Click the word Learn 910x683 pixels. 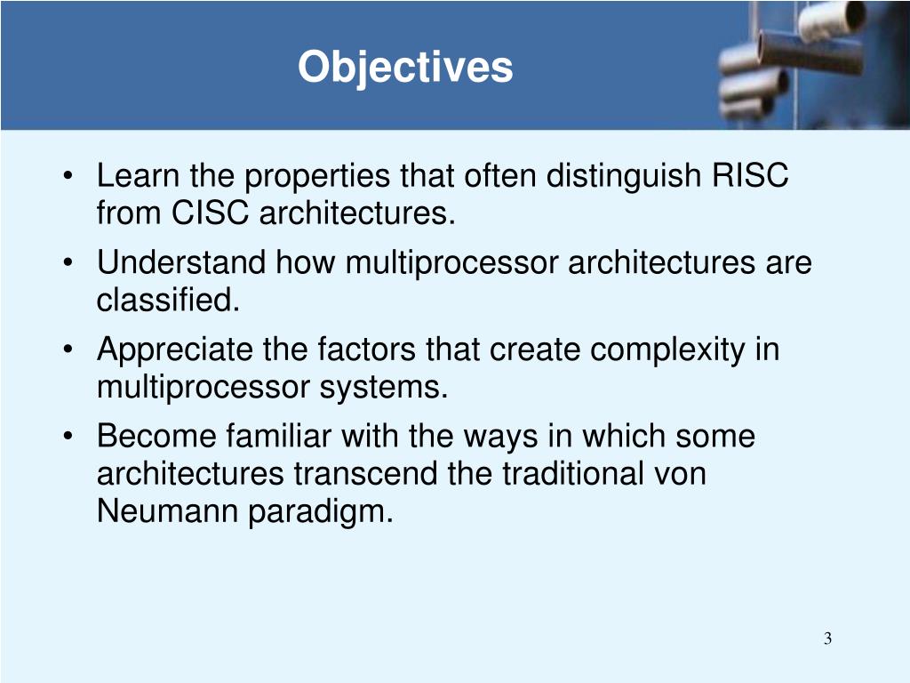[138, 175]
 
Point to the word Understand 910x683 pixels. [181, 262]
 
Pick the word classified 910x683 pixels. [168, 300]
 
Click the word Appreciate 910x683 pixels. [175, 350]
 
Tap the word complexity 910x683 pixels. [667, 350]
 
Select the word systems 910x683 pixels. [384, 388]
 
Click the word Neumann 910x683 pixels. [167, 511]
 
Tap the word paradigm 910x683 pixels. [320, 512]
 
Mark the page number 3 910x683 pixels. [827, 639]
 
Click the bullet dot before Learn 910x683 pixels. [68, 175]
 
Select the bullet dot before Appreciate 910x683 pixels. [68, 350]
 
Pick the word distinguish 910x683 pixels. [623, 176]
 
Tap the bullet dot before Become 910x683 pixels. [68, 436]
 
